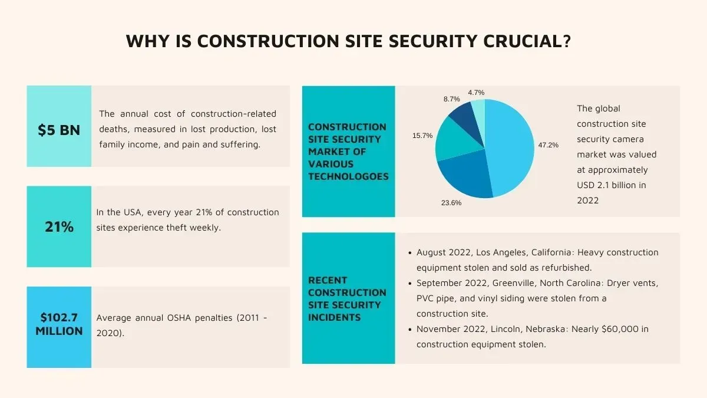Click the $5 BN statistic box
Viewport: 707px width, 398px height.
[x=59, y=130]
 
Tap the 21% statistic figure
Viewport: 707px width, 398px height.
[x=59, y=226]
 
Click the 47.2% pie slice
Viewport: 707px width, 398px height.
[x=510, y=147]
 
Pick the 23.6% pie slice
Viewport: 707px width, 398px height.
[x=465, y=177]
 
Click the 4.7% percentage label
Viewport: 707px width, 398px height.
[x=476, y=93]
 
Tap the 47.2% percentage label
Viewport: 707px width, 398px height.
[x=548, y=144]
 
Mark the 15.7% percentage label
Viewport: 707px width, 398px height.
[x=422, y=136]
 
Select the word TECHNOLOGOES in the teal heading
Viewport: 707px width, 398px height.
[x=348, y=176]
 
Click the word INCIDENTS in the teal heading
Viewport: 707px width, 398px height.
[x=334, y=317]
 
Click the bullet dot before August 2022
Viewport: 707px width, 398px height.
[x=409, y=253]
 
